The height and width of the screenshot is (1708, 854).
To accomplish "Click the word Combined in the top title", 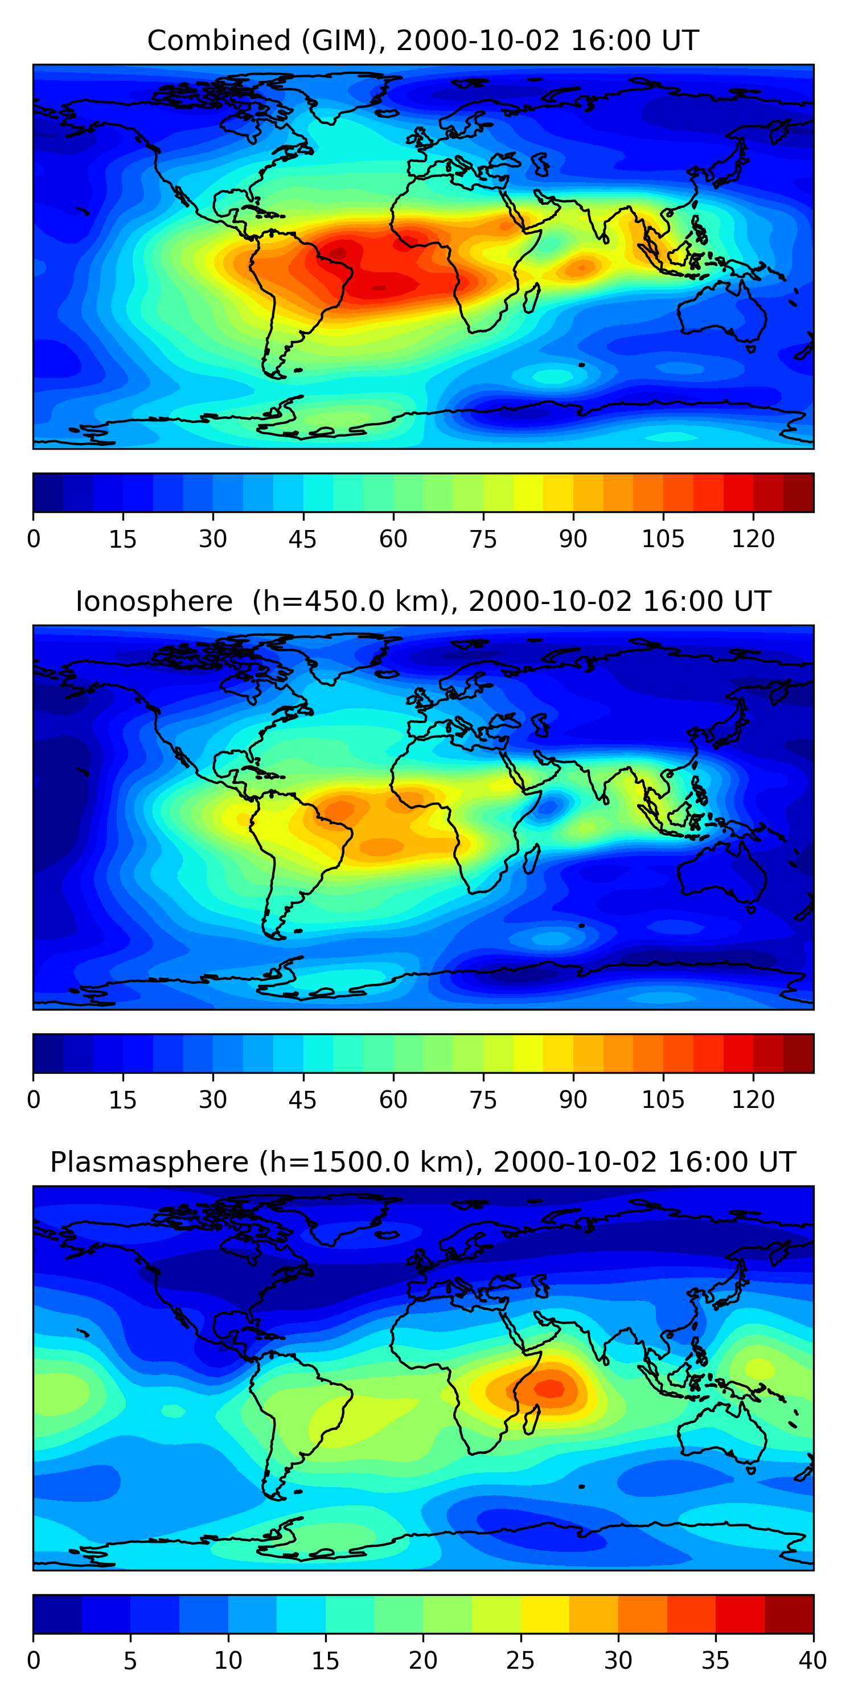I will click(x=219, y=41).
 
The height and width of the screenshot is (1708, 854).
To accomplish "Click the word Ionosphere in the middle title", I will click(x=154, y=602).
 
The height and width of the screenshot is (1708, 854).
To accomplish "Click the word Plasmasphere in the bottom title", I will click(x=149, y=1163).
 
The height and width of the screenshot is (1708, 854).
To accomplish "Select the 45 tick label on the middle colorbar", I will click(x=302, y=1100).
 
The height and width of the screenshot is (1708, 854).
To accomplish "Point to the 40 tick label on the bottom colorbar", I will click(x=812, y=1660).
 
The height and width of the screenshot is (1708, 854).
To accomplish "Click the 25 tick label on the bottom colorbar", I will click(x=520, y=1660).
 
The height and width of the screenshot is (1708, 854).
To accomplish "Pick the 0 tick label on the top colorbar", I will click(x=34, y=539).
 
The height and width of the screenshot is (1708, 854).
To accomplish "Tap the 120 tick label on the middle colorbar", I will click(x=753, y=1100).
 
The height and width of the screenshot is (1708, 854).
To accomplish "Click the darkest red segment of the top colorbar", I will click(x=798, y=492).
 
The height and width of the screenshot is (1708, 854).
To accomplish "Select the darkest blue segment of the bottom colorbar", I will click(x=57, y=1614).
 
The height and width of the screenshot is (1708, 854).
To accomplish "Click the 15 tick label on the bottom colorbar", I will click(x=325, y=1660).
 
